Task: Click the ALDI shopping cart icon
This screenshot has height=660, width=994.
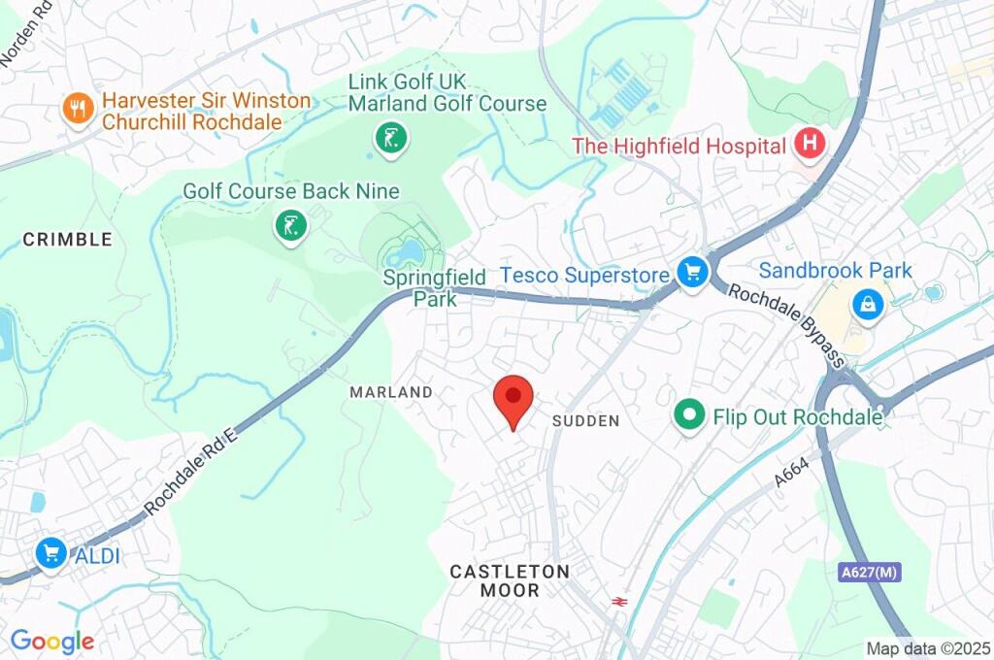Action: (x=50, y=554)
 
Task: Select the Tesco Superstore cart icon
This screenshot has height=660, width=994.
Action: (x=691, y=274)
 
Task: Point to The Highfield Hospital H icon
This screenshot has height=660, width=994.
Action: (x=808, y=146)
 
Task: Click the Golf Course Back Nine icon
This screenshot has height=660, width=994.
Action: (x=290, y=226)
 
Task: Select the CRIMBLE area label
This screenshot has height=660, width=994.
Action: (x=68, y=239)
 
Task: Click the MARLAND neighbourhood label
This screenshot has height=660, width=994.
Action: (x=391, y=392)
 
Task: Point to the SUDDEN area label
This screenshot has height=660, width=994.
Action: (x=585, y=420)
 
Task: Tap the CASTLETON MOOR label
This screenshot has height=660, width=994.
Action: (x=510, y=579)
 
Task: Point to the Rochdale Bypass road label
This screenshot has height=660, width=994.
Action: (x=786, y=324)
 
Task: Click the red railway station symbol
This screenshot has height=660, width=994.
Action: (x=617, y=602)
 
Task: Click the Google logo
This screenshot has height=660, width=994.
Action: (x=52, y=642)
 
